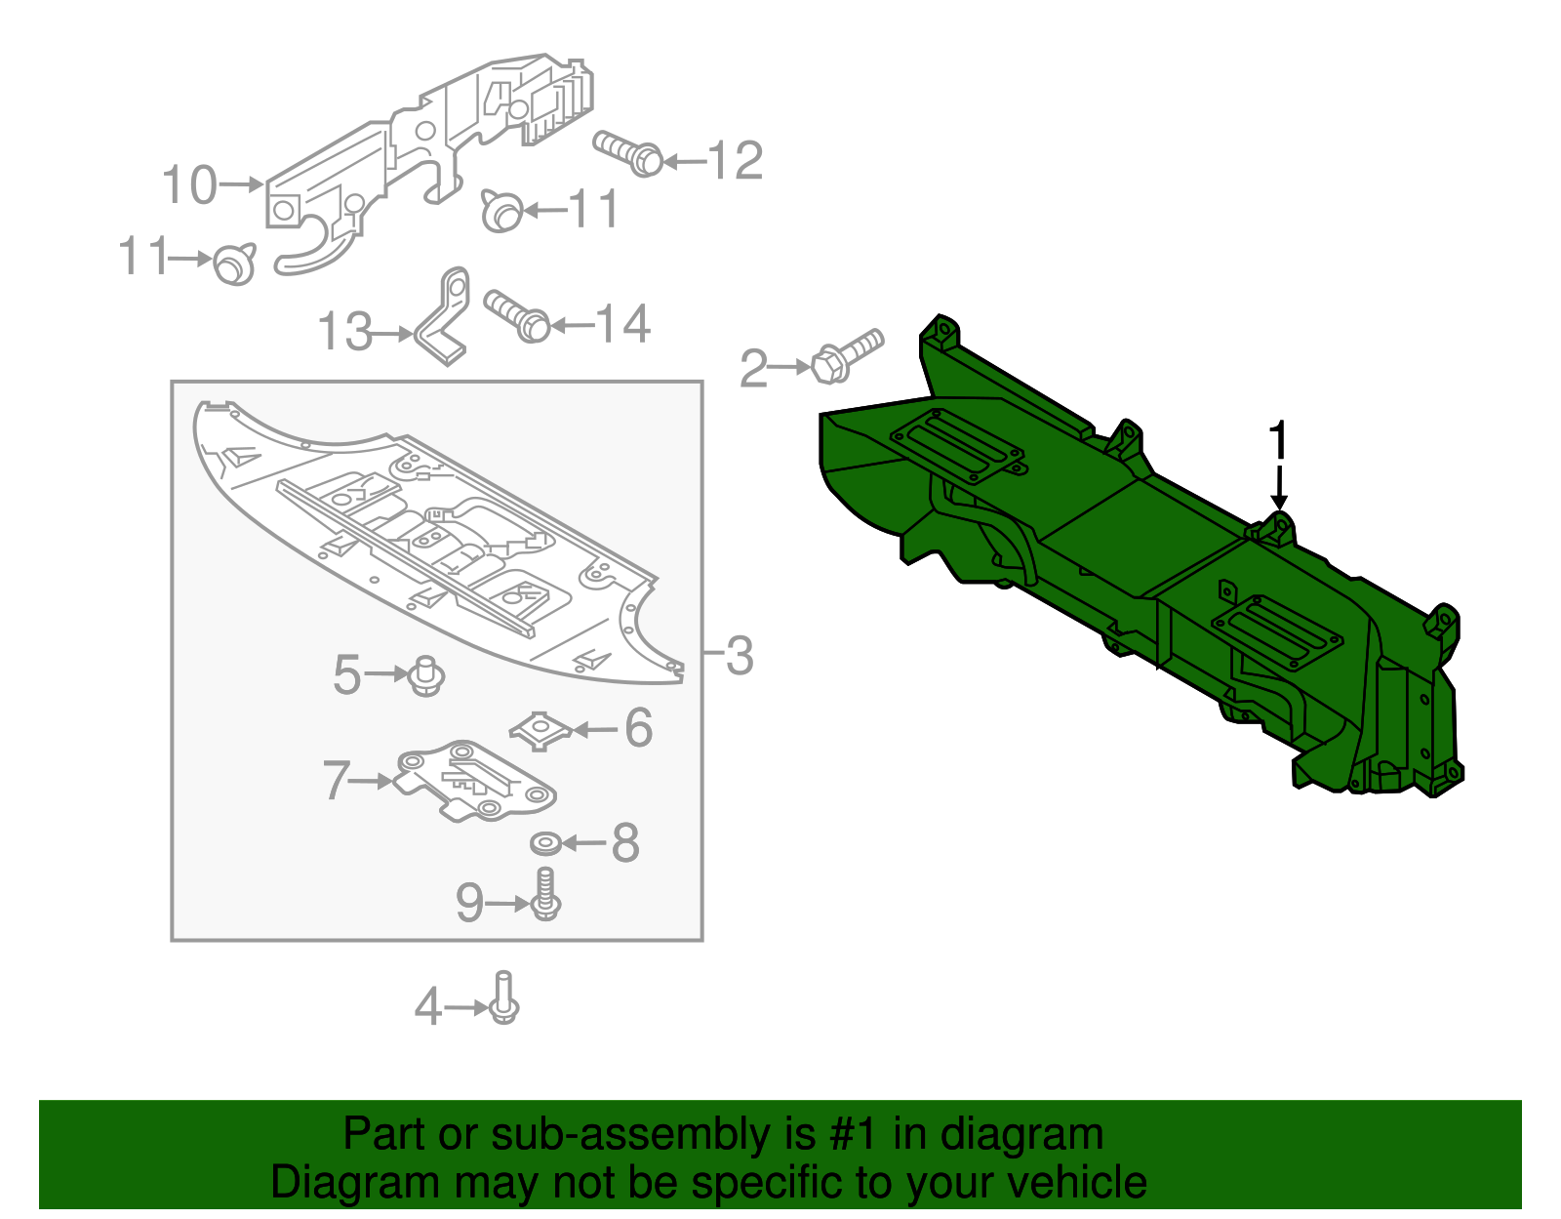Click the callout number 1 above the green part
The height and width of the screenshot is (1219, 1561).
coord(1278,441)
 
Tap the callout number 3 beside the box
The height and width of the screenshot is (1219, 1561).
coord(740,655)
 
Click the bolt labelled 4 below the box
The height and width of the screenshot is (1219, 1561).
coord(503,999)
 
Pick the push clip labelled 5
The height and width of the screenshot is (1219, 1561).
coord(426,675)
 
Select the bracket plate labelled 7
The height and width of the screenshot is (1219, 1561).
coord(475,781)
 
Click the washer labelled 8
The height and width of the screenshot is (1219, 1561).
coord(544,842)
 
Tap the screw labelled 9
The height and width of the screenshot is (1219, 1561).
coord(545,895)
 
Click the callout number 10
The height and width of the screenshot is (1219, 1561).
coord(188,184)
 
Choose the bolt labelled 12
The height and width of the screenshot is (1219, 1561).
coord(629,154)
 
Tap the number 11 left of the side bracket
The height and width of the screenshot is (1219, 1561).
coord(141,257)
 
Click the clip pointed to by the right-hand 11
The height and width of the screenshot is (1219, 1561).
coord(501,211)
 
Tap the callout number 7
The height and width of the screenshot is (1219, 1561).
coord(336,781)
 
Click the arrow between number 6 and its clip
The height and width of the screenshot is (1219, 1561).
coord(595,729)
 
